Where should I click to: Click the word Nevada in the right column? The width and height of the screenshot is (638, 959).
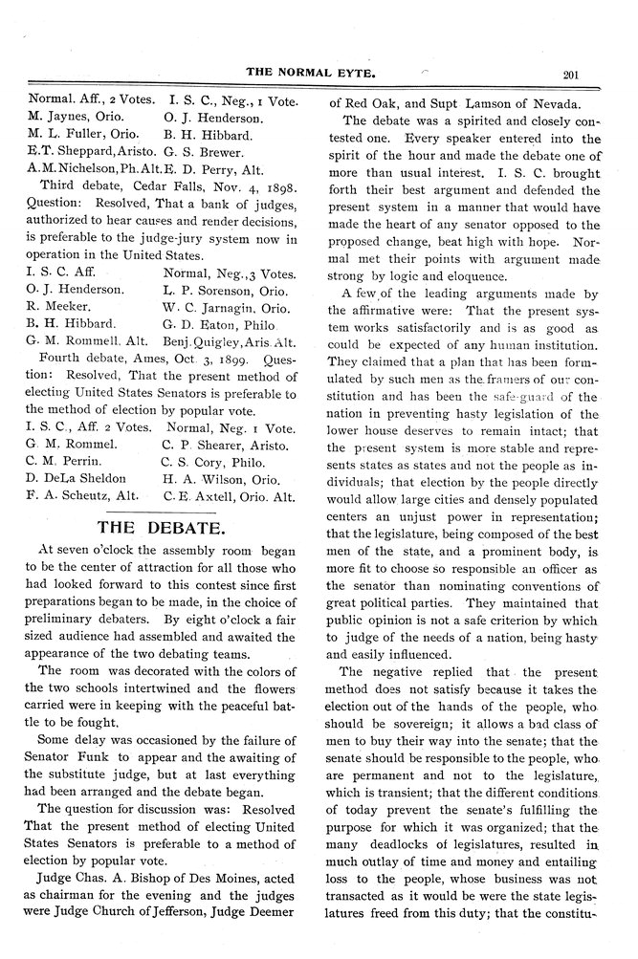[x=546, y=103]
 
